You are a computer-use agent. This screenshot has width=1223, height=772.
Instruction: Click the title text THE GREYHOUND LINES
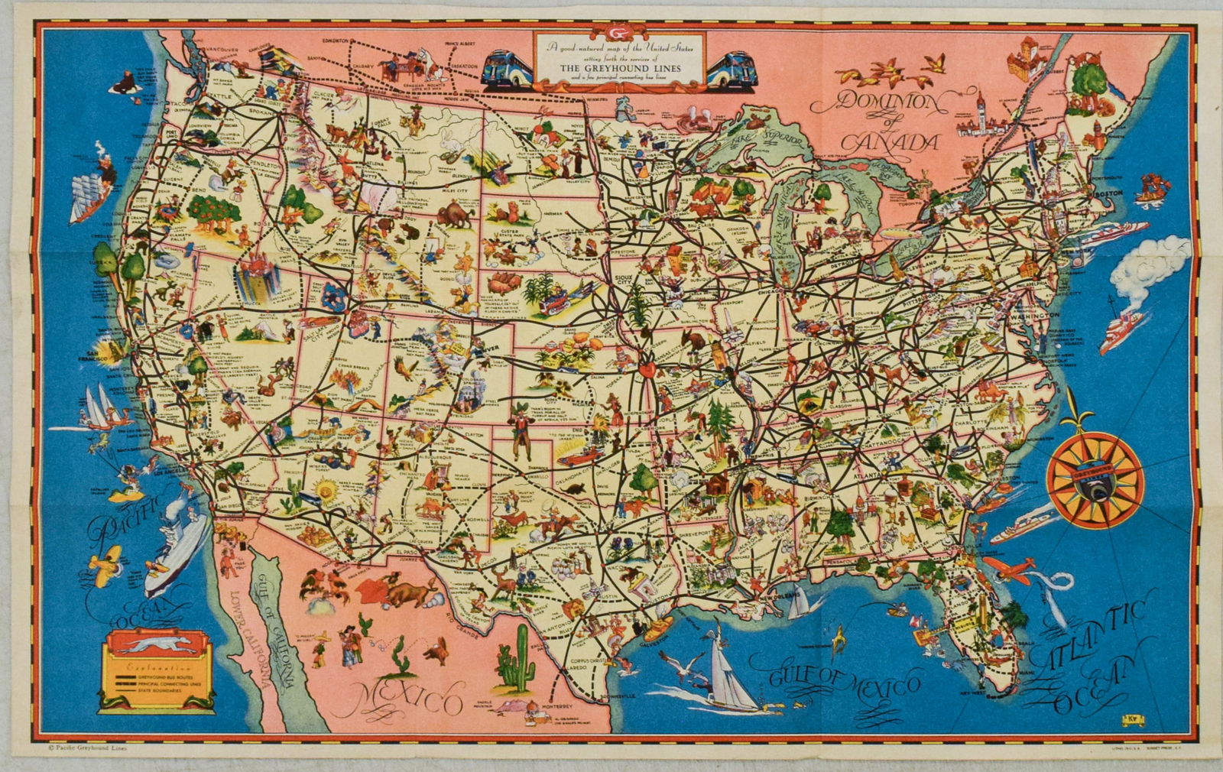tap(620, 66)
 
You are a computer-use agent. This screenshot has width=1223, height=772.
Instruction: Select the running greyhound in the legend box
tap(153, 647)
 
